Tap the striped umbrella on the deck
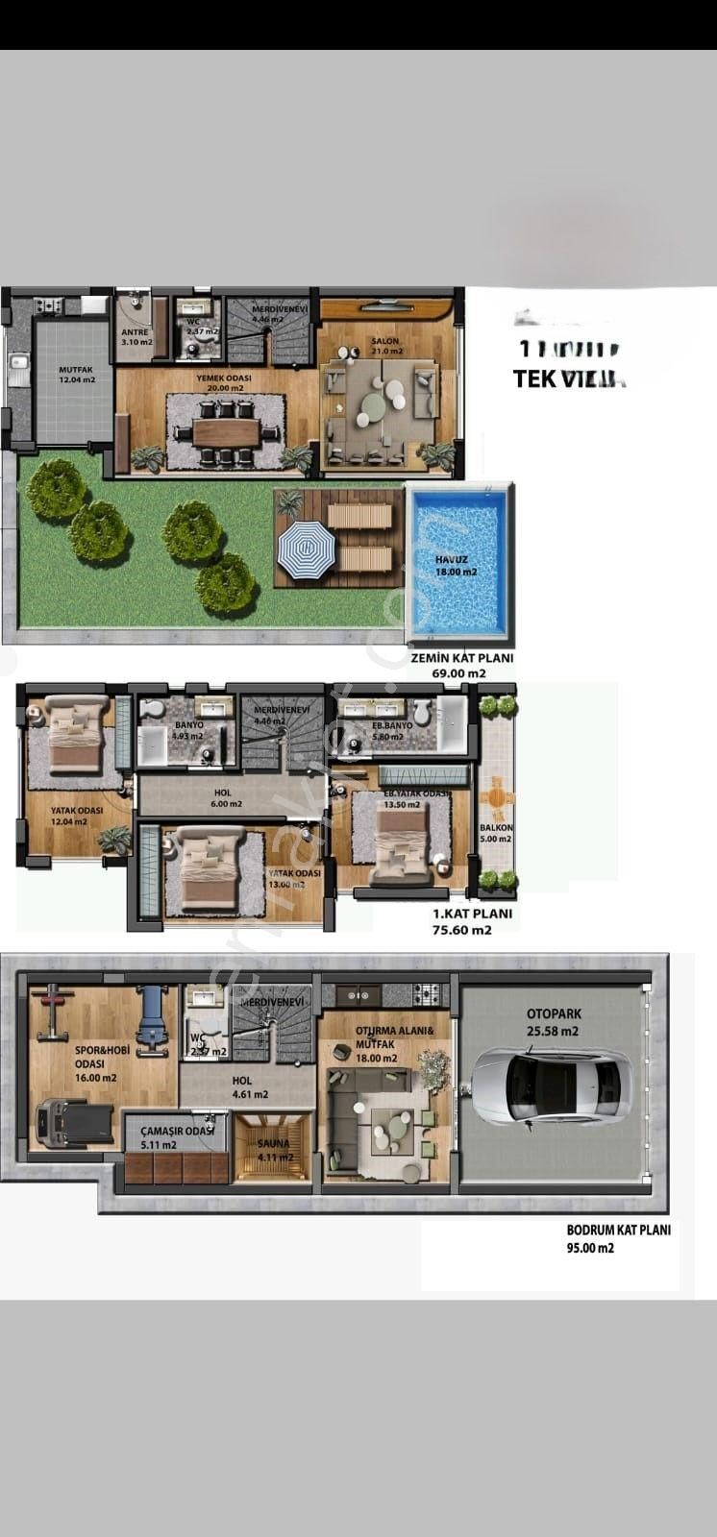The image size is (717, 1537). (x=306, y=550)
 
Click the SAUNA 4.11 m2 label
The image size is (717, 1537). (x=273, y=1151)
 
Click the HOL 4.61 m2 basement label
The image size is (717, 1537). (x=249, y=1086)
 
